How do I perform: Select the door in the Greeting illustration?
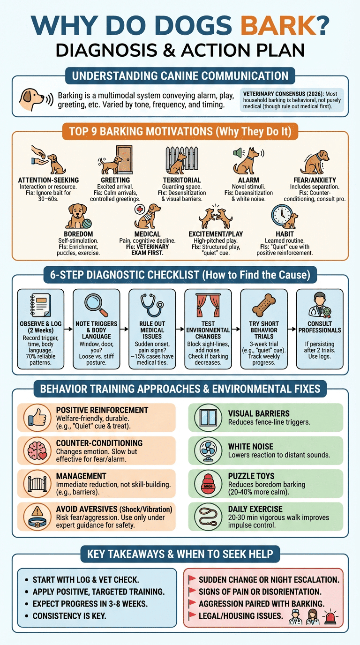point(125,159)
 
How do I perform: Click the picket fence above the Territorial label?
point(182,159)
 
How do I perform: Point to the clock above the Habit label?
point(282,215)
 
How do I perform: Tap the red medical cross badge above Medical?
point(140,209)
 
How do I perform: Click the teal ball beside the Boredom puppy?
point(87,223)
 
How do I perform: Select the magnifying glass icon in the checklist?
point(96,305)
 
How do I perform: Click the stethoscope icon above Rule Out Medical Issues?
point(152,305)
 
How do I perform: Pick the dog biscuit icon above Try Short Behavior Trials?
point(264,305)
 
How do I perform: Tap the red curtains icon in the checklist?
point(208,305)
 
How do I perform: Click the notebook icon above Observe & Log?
point(41,305)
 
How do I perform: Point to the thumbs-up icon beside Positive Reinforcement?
point(37,417)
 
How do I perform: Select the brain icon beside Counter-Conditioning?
point(37,450)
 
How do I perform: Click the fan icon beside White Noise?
point(208,450)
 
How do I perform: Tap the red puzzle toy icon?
point(208,484)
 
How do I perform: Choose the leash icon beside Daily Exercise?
point(208,517)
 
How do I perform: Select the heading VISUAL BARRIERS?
point(259,413)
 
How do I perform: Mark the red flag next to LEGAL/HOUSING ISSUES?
point(192,615)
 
